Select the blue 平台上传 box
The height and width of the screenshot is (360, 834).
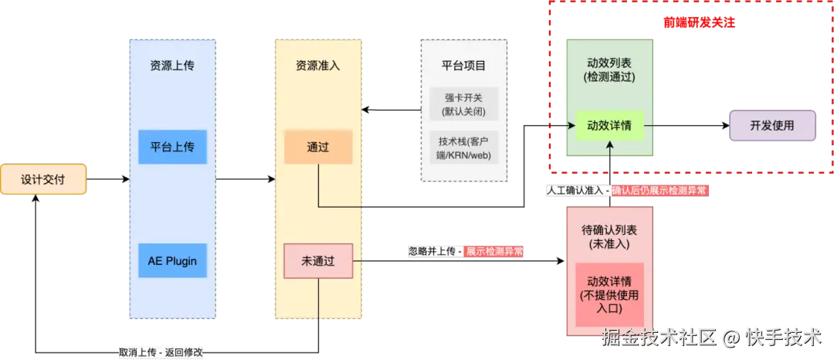[x=172, y=147]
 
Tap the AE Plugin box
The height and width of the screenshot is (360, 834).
[x=172, y=260]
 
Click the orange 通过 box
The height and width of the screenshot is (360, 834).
[x=317, y=147]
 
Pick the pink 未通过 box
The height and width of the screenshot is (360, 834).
[x=317, y=261]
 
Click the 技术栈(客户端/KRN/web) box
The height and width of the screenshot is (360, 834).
[x=464, y=148]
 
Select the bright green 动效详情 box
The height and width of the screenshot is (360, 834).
[x=609, y=125]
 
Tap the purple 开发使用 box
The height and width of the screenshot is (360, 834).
[x=772, y=125]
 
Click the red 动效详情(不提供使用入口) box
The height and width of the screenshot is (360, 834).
[x=609, y=294]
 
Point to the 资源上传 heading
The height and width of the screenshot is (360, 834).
[x=172, y=66]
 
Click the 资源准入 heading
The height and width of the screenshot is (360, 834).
[x=317, y=66]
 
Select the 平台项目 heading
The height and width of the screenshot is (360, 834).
[x=464, y=66]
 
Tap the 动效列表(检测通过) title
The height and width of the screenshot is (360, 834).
[x=609, y=70]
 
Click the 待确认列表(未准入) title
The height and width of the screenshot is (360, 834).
[x=609, y=236]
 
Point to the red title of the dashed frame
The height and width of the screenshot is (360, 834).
[x=699, y=23]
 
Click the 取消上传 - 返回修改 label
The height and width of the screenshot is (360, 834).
[x=161, y=352]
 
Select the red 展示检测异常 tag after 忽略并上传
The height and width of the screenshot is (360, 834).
[x=494, y=251]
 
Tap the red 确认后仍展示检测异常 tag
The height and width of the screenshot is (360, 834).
[x=659, y=191]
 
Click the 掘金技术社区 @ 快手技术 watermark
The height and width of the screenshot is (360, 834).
[x=711, y=338]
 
